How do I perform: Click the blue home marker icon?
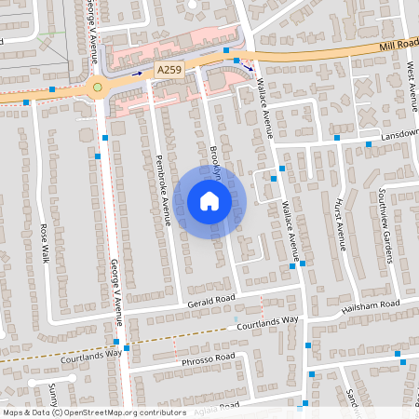pos(209,200)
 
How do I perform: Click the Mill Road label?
pos(399,46)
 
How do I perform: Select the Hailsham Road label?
pos(371,305)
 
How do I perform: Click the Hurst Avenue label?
pos(341,224)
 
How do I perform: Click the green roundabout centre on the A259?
pos(97,88)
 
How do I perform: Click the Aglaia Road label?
pos(218,405)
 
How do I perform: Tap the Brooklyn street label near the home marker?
pos(215,158)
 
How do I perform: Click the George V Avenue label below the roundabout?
pos(116,291)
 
